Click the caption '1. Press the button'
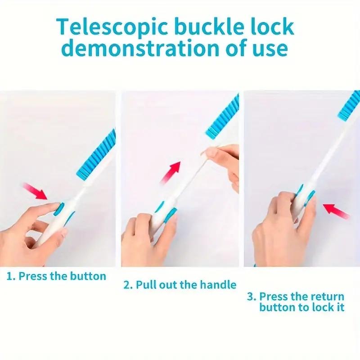pyautogui.click(x=56, y=276)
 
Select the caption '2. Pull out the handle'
pyautogui.click(x=180, y=284)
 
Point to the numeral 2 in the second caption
pyautogui.click(x=126, y=284)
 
